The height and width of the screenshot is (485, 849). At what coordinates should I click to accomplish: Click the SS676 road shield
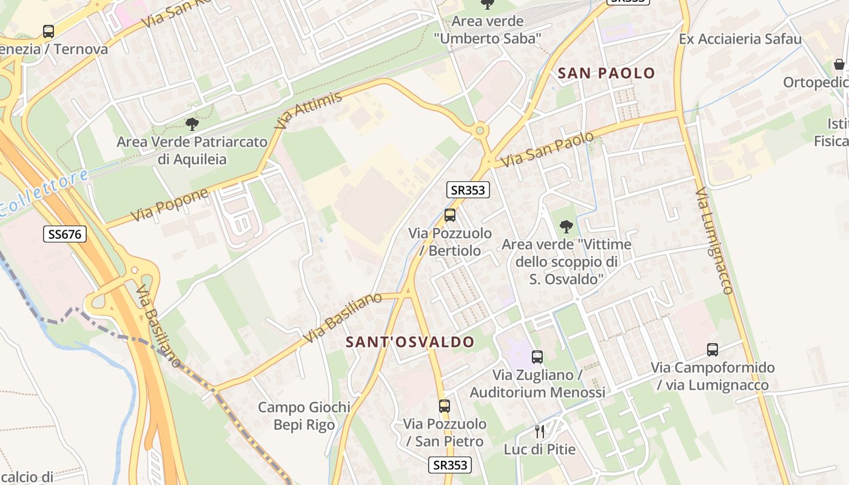coord(65,234)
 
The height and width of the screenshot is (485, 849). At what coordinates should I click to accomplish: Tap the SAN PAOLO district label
coord(606,73)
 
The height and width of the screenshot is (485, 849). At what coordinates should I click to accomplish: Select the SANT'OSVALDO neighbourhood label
coord(410,342)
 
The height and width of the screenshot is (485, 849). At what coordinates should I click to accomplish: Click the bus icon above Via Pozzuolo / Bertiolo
coord(449,215)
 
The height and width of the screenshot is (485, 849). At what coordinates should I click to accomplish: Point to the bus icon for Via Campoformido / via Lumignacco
coord(713,350)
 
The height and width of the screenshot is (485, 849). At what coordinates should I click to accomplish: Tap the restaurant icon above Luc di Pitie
coord(540,432)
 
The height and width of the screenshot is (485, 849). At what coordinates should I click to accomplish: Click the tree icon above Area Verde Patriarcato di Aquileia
coord(192,125)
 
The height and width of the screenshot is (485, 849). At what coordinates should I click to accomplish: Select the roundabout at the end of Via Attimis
coord(480,130)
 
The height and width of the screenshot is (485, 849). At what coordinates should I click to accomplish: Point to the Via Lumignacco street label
coord(714,241)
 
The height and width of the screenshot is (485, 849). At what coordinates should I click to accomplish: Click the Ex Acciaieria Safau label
coord(740,39)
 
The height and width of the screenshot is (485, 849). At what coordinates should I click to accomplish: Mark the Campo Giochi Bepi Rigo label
coord(304,416)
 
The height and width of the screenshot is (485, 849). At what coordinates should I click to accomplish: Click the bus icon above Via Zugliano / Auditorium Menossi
coord(537,357)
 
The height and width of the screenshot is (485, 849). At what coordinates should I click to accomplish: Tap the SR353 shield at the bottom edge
coord(450,465)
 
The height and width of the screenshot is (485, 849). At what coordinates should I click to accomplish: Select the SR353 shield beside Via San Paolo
coord(468,190)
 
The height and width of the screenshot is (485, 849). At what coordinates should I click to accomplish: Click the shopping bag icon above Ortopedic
coord(839,64)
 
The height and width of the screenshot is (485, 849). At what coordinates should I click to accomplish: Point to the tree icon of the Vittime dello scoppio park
coord(566,227)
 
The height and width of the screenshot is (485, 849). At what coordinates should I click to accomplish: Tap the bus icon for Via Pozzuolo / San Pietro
coord(445,406)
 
